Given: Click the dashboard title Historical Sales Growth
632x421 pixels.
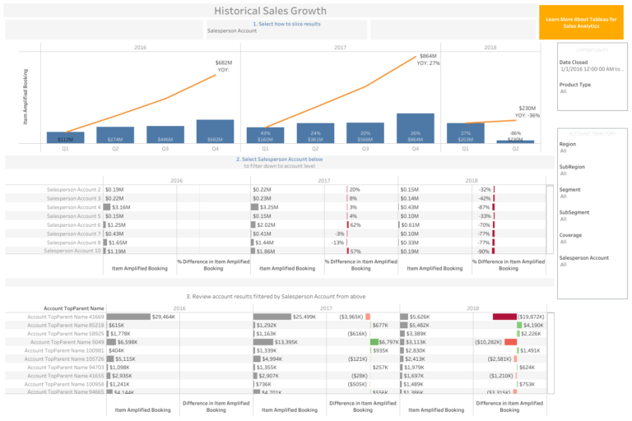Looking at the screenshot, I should (270, 11).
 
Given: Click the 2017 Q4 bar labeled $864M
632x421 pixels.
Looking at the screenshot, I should (415, 129).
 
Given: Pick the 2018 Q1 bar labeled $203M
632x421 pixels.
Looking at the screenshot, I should (465, 134).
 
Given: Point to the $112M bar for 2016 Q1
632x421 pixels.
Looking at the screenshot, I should (65, 138).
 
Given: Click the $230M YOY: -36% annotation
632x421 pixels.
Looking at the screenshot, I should (527, 111).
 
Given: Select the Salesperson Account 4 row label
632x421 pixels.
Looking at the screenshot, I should (73, 207).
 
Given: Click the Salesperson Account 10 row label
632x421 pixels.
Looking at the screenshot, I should (73, 251).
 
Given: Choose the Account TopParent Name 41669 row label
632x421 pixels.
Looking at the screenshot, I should (66, 317).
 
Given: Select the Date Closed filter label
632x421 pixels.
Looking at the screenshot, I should (574, 62).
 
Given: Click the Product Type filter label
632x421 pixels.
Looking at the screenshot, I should (574, 85).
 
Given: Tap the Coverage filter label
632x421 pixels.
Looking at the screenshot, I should (571, 235).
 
